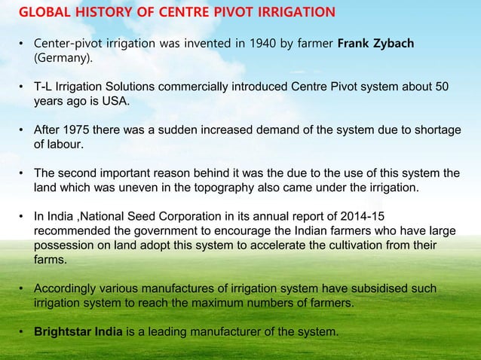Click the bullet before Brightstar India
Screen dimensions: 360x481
(23, 332)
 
